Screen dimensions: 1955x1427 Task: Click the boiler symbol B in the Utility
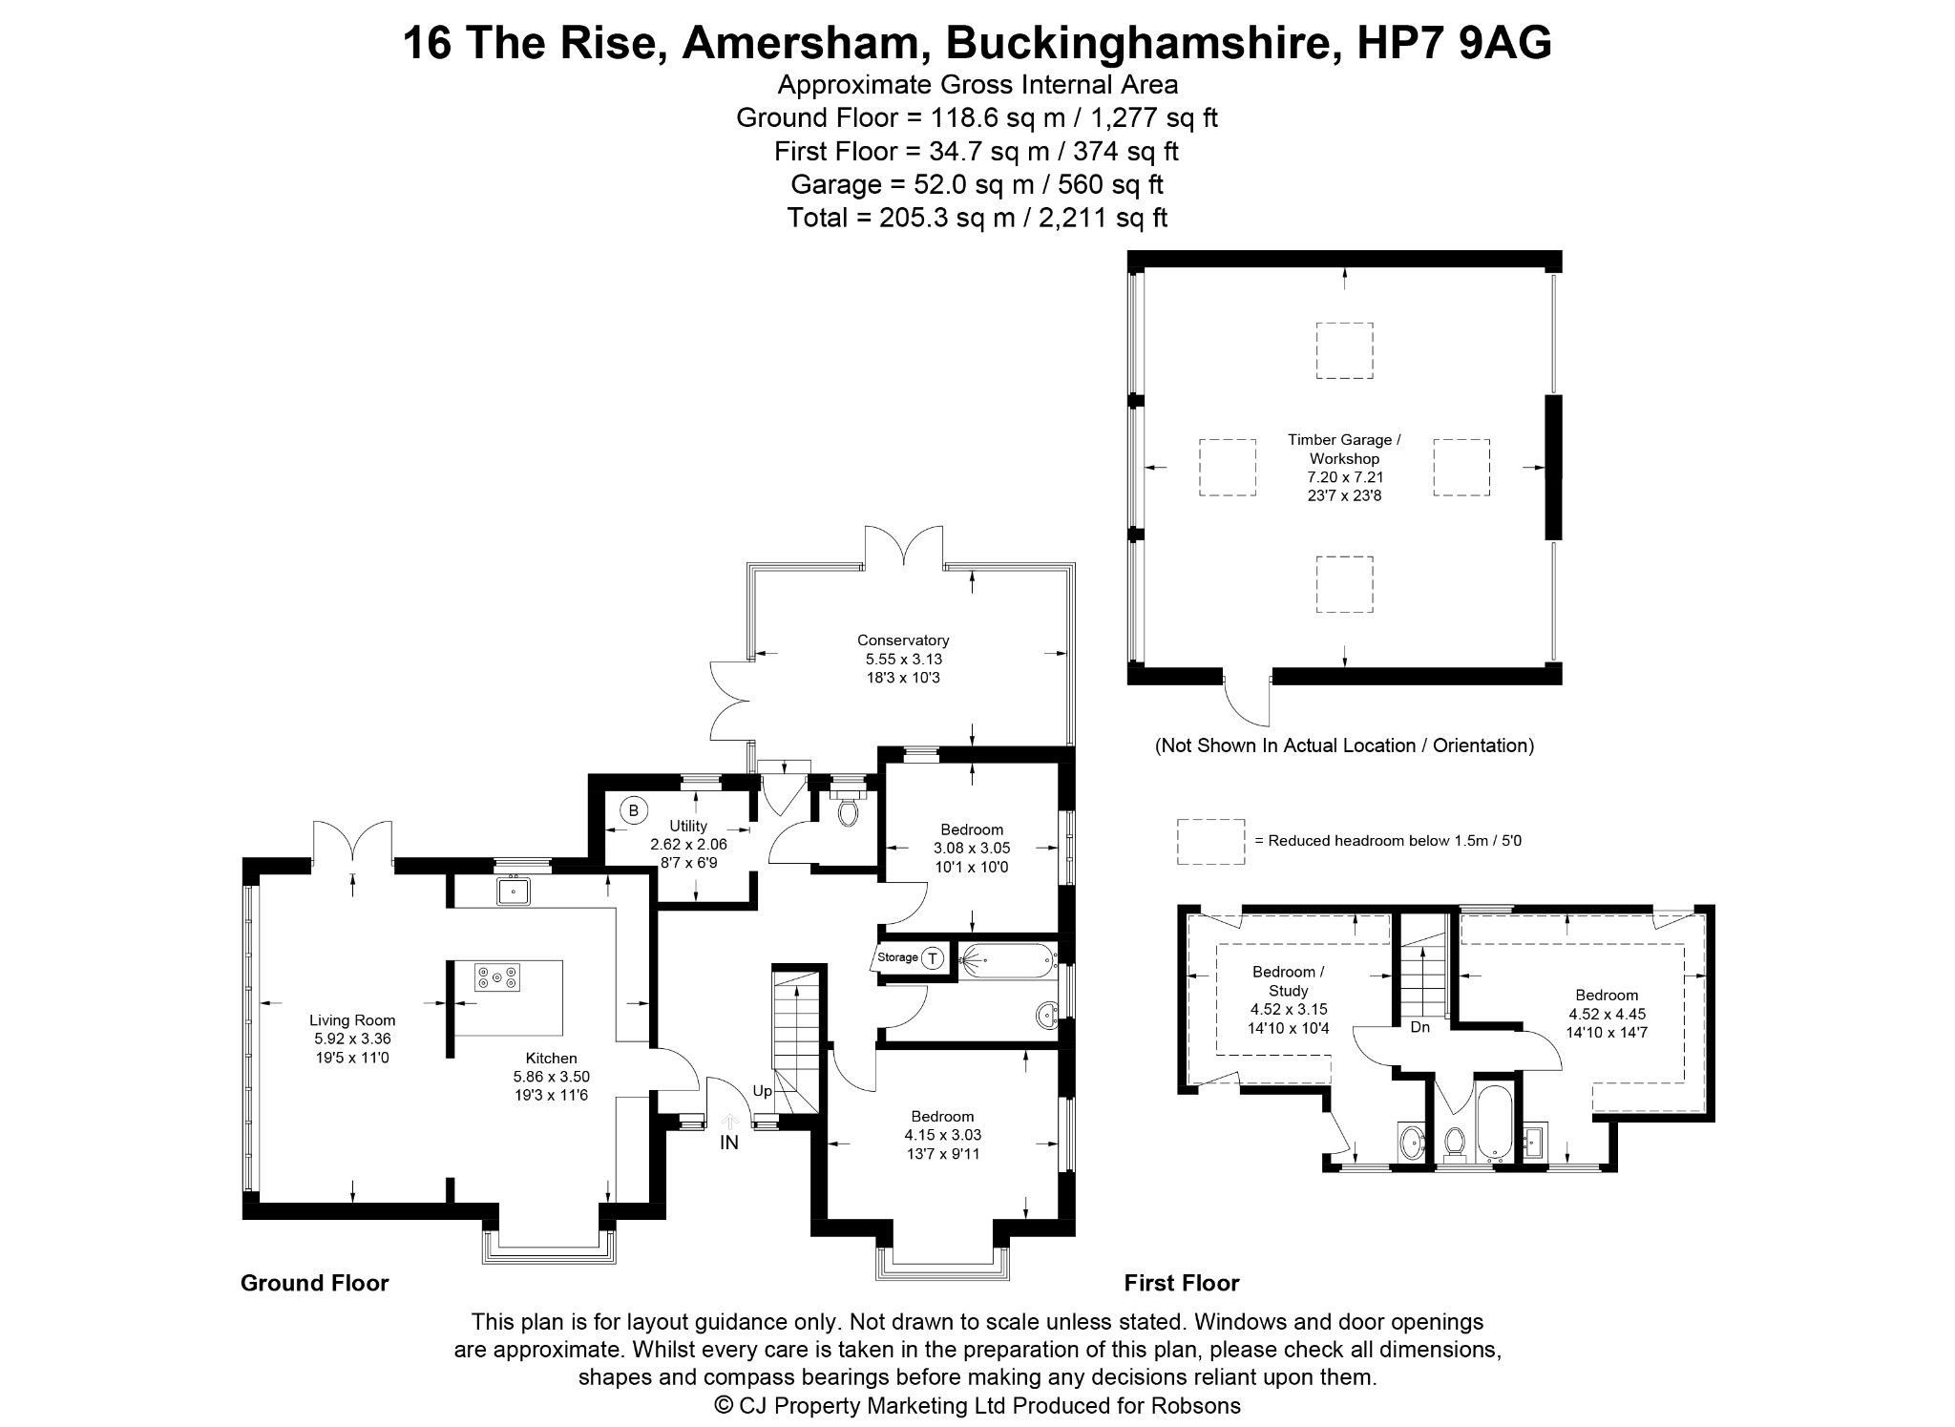click(x=632, y=810)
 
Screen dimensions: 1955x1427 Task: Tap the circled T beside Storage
click(x=932, y=957)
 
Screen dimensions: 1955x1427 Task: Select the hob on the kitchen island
click(x=497, y=977)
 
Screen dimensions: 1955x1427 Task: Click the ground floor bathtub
click(x=1007, y=958)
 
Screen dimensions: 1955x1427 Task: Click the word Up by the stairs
click(x=763, y=1091)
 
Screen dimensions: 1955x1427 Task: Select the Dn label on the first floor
click(x=1420, y=1027)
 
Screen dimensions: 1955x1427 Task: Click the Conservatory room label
click(x=903, y=640)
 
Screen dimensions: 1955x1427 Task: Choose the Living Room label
click(x=352, y=1020)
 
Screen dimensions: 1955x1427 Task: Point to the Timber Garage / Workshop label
click(x=1344, y=450)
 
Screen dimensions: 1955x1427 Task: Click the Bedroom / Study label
click(x=1289, y=981)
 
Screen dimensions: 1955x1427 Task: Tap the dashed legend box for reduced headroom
click(x=1210, y=842)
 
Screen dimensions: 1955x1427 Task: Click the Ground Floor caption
click(x=315, y=1283)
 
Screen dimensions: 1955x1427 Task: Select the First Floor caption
click(x=1182, y=1283)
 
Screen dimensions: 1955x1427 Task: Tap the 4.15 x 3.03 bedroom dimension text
click(x=943, y=1135)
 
